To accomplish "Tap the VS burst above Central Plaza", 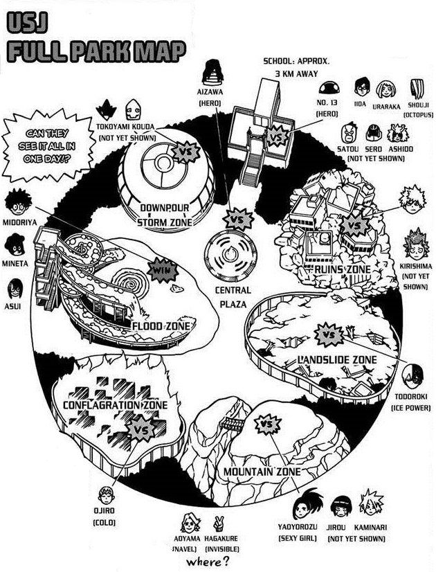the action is coord(238,220).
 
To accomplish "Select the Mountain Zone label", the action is coord(262,472).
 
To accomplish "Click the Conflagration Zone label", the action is coord(115,405).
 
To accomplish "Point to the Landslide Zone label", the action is coord(337,360).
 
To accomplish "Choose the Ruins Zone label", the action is coord(338,270).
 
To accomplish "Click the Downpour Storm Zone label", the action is coord(165,215).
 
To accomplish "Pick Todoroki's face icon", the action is coord(412,377).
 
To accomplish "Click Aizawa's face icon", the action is coord(210,71).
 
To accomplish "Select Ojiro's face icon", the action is coord(107,495).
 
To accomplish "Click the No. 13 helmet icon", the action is coord(330,87).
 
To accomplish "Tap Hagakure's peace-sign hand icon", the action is coord(219,524).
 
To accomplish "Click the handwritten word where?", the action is coord(209,561).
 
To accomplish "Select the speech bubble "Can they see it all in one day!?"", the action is coord(46,145).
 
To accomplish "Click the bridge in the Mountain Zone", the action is coord(233,423).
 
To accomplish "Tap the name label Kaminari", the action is coord(370,527).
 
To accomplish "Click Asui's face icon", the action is coord(15,289).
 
